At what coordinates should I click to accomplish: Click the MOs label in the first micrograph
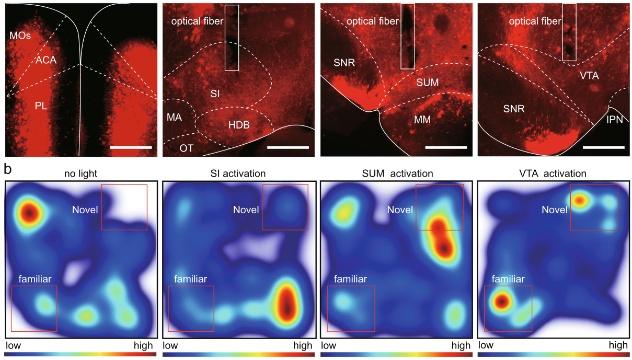pos(20,36)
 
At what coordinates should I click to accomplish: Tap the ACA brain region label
pos(46,60)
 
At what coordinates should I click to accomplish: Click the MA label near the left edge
pos(174,117)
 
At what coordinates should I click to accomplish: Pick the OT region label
pos(187,148)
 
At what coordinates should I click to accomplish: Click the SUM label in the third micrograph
pos(427,83)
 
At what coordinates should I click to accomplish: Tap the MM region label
pos(422,120)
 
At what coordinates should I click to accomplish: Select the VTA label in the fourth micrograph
pos(589,76)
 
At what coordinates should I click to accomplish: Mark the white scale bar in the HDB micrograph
pos(288,147)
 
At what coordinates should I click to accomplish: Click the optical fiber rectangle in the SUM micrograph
pos(408,37)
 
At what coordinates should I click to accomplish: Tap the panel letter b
pos(8,169)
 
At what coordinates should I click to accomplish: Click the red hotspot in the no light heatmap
pos(29,212)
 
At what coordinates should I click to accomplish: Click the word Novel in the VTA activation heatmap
pos(555,210)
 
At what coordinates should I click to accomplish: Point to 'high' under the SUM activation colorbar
pos(461,345)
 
